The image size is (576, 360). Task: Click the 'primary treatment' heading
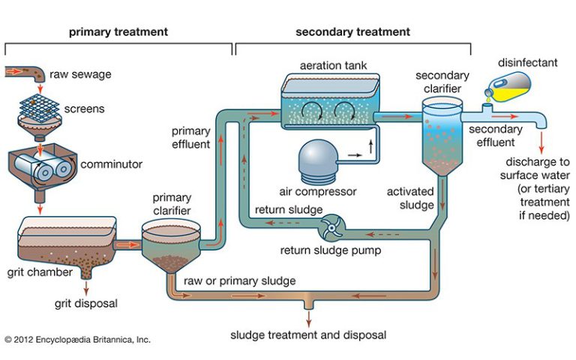click(x=118, y=32)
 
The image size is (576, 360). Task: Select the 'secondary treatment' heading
click(x=352, y=32)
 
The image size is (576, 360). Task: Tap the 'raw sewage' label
click(x=80, y=74)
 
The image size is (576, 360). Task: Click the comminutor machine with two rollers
click(x=42, y=165)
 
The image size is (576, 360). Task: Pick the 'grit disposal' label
click(x=86, y=304)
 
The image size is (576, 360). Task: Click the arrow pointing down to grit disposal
click(x=86, y=288)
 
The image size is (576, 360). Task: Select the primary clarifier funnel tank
click(x=171, y=244)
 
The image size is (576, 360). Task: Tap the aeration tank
click(x=330, y=101)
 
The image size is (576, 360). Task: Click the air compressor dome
click(x=318, y=161)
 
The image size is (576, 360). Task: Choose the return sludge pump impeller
click(x=332, y=228)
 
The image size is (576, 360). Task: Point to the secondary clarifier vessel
click(x=442, y=136)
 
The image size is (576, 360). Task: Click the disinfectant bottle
click(x=508, y=87)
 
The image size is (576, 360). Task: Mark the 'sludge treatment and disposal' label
click(x=308, y=335)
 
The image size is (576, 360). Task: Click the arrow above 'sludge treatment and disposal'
click(x=308, y=319)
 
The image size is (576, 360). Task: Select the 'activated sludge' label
click(x=410, y=198)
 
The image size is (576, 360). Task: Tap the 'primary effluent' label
click(x=191, y=137)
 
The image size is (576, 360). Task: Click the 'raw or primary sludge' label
click(x=239, y=281)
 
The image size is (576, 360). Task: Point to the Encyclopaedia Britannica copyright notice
click(x=77, y=340)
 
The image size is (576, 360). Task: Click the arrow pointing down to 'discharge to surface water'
click(x=541, y=142)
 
